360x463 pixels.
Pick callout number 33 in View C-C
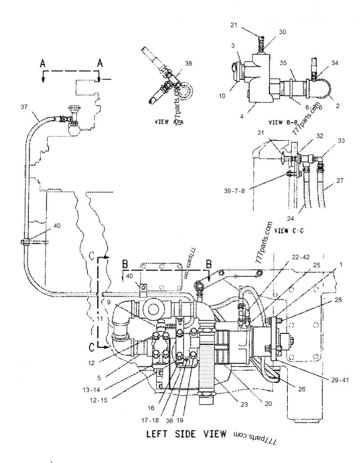tap(342, 141)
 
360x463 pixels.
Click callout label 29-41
tap(341, 380)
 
